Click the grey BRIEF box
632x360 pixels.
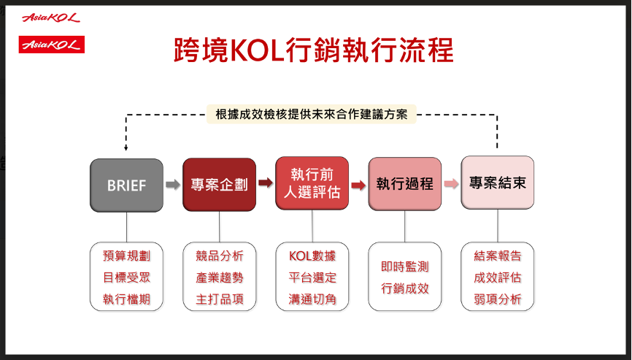(x=126, y=185)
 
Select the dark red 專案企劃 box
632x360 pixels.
(x=219, y=184)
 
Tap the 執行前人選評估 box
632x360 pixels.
(x=312, y=183)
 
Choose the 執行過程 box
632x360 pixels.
(x=405, y=184)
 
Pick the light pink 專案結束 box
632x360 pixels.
(x=498, y=183)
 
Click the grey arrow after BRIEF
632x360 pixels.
(x=173, y=185)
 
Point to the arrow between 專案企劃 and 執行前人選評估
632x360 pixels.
(x=266, y=183)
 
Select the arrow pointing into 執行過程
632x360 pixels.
(x=358, y=185)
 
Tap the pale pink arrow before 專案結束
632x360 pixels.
(x=451, y=184)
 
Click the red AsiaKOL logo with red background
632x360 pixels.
(x=52, y=45)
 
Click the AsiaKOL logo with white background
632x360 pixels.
(x=51, y=18)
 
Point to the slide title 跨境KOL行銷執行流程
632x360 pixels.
(x=314, y=50)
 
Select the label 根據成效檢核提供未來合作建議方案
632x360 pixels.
(x=312, y=114)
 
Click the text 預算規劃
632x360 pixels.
(x=126, y=256)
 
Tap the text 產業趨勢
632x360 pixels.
(x=220, y=277)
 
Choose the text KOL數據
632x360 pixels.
(x=312, y=256)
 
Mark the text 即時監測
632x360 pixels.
(x=405, y=267)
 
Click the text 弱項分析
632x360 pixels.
(x=498, y=299)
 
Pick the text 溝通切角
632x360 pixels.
(x=312, y=299)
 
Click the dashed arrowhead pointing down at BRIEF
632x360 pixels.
(x=126, y=148)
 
